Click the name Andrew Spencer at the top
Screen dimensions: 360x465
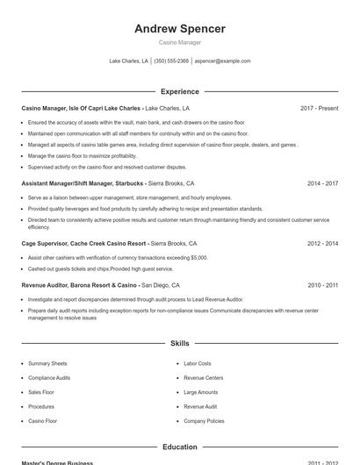point(180,28)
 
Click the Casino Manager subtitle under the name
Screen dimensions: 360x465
point(180,42)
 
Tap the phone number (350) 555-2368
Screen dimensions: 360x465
point(171,61)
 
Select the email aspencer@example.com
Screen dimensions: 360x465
point(222,61)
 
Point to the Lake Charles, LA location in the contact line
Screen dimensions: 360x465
point(128,61)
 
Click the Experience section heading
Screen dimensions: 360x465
point(180,91)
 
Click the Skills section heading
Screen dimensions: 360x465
point(180,344)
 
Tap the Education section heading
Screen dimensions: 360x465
point(180,447)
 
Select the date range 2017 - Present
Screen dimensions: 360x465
point(319,108)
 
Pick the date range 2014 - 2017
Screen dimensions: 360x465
point(322,183)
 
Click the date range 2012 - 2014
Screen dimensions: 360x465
point(322,243)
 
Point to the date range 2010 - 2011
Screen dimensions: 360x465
point(322,285)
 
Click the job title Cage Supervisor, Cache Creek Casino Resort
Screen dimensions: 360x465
point(83,243)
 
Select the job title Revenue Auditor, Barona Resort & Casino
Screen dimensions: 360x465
point(80,285)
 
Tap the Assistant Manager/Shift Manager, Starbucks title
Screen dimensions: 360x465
point(83,183)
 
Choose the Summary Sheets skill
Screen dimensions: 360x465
point(47,363)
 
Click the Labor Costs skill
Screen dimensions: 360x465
point(198,363)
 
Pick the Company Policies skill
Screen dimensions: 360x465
point(204,421)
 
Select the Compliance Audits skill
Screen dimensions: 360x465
point(50,378)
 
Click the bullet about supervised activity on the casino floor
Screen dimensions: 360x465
point(107,167)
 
